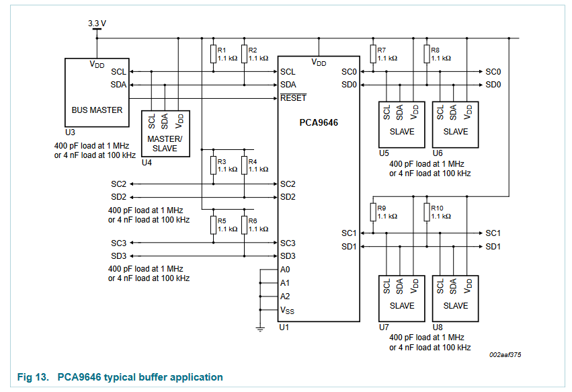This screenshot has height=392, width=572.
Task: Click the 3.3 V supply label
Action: coord(97,23)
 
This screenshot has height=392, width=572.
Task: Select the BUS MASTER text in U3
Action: coord(97,110)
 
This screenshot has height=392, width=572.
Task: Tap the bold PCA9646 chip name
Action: coord(319,123)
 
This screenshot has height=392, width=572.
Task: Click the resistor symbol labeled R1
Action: coord(213,54)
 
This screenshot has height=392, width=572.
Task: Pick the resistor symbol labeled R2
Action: coord(244,54)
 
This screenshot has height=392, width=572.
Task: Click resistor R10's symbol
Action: coord(427,212)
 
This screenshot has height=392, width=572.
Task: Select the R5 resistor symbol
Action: coord(213,225)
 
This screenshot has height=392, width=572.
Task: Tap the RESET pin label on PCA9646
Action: coord(293,98)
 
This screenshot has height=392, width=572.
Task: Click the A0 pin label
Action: coord(286,270)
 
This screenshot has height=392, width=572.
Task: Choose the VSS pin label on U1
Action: coord(287,310)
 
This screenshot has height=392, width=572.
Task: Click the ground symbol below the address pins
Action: coord(259,329)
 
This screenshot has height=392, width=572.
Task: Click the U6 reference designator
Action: coord(438,153)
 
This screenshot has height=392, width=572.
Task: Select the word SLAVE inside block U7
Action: coord(402,305)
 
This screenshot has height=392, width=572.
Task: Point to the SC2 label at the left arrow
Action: coord(119,184)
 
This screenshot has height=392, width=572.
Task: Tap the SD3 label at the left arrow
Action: coord(119,256)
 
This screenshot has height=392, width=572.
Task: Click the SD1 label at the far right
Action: coord(493,247)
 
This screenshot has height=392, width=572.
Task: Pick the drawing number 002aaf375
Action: coord(505,355)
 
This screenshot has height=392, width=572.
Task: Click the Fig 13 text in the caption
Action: coord(34,377)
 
